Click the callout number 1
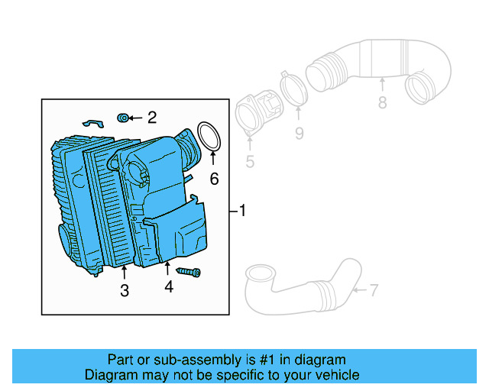click(242, 210)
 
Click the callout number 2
click(151, 117)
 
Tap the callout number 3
click(124, 290)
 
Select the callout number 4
click(168, 287)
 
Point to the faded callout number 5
click(249, 161)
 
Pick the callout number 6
click(214, 179)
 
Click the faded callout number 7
click(374, 289)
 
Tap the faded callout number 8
click(382, 103)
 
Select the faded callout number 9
click(299, 134)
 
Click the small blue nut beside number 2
click(122, 117)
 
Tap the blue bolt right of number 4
click(189, 271)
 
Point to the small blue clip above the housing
click(91, 121)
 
